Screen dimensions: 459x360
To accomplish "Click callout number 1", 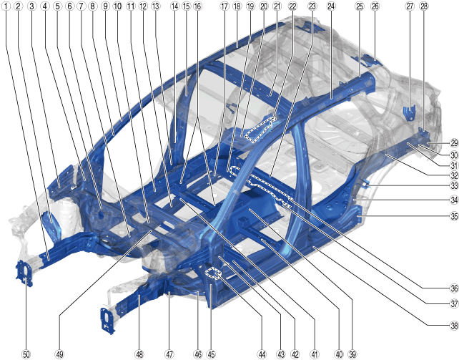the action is click(6, 6).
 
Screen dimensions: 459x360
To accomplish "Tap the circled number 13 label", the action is click(156, 6).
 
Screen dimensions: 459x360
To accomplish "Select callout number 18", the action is click(237, 6).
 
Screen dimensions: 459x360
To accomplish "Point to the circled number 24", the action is click(331, 6).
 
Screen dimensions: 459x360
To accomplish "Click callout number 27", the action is click(410, 6).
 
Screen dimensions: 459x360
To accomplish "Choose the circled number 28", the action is click(423, 6).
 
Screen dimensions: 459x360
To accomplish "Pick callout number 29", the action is click(454, 143).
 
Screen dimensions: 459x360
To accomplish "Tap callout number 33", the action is click(454, 185).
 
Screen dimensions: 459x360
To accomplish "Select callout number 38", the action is click(454, 325).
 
